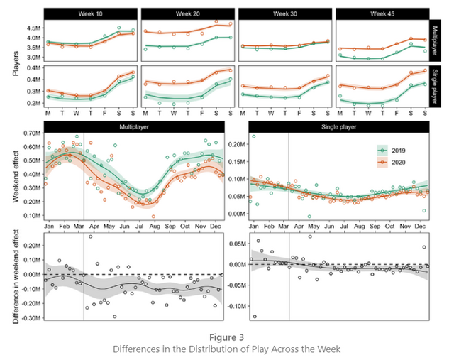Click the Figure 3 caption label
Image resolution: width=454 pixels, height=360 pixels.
click(227, 336)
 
